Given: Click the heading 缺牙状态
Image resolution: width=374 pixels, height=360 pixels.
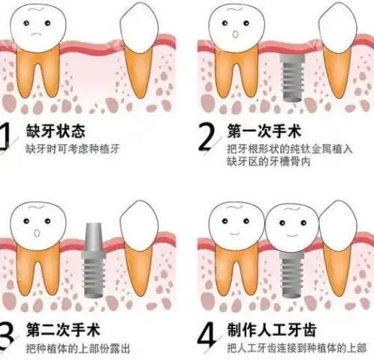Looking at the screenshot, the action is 56,131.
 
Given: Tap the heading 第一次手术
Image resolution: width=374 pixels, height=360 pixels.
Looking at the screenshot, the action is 264,131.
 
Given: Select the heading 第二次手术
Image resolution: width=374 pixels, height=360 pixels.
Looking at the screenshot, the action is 63,330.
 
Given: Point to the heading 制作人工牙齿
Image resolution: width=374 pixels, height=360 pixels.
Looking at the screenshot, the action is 272,330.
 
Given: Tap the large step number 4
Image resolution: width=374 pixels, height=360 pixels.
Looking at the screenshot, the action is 207,334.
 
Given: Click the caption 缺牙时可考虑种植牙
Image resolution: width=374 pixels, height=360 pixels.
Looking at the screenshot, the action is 73,149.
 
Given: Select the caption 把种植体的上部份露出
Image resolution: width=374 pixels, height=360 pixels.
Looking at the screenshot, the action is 78,348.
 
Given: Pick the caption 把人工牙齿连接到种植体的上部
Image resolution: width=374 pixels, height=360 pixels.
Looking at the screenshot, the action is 297,348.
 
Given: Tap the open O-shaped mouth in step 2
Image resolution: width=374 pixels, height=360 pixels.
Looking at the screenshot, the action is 235,34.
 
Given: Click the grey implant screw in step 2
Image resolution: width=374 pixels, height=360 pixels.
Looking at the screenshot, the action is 292,78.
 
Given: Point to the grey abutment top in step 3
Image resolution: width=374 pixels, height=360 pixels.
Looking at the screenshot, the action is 94,238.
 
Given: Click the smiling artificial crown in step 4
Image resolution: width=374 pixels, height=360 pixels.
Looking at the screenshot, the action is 292,227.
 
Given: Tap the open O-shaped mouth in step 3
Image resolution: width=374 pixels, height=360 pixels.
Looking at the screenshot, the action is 37,233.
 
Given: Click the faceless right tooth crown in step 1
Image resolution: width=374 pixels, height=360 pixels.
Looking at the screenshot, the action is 139,28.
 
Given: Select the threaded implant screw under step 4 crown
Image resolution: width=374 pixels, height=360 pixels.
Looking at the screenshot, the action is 292,274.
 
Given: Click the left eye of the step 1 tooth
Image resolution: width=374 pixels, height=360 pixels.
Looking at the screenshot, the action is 26,23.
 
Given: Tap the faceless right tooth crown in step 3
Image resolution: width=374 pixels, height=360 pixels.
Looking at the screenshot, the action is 139,226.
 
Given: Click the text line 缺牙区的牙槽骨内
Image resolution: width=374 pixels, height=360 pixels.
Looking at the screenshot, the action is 269,161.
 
